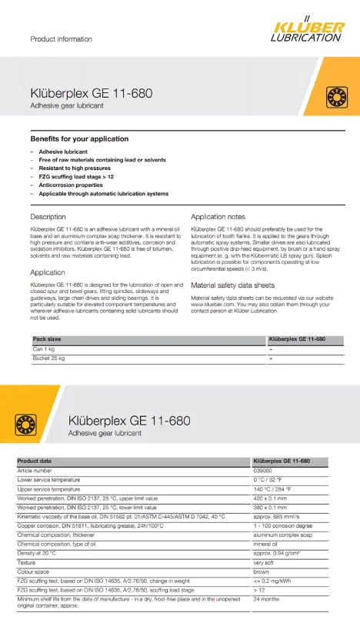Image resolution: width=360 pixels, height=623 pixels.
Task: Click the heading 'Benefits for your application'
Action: [x=79, y=138]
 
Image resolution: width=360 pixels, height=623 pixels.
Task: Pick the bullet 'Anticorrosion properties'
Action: [x=71, y=185]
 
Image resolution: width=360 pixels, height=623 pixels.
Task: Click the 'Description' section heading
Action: [x=48, y=217]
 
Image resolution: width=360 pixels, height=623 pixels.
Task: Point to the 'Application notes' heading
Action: [x=218, y=217]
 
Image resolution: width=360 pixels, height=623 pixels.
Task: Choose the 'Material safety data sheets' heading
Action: [x=232, y=285]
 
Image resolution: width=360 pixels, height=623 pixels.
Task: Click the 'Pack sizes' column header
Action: [x=47, y=339]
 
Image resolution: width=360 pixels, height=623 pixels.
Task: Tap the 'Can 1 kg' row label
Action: [x=42, y=348]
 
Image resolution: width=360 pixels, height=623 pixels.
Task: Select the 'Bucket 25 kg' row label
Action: [x=48, y=358]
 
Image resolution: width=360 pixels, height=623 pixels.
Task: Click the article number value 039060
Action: [x=262, y=470]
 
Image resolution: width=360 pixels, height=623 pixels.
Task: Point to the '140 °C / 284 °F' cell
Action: [x=273, y=488]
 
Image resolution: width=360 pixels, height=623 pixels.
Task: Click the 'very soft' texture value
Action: [x=265, y=564]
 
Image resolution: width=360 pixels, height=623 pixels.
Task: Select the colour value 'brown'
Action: [x=261, y=573]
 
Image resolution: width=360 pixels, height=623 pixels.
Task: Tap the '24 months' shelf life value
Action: [x=265, y=598]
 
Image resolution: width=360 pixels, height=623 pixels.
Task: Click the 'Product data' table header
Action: [x=35, y=461]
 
